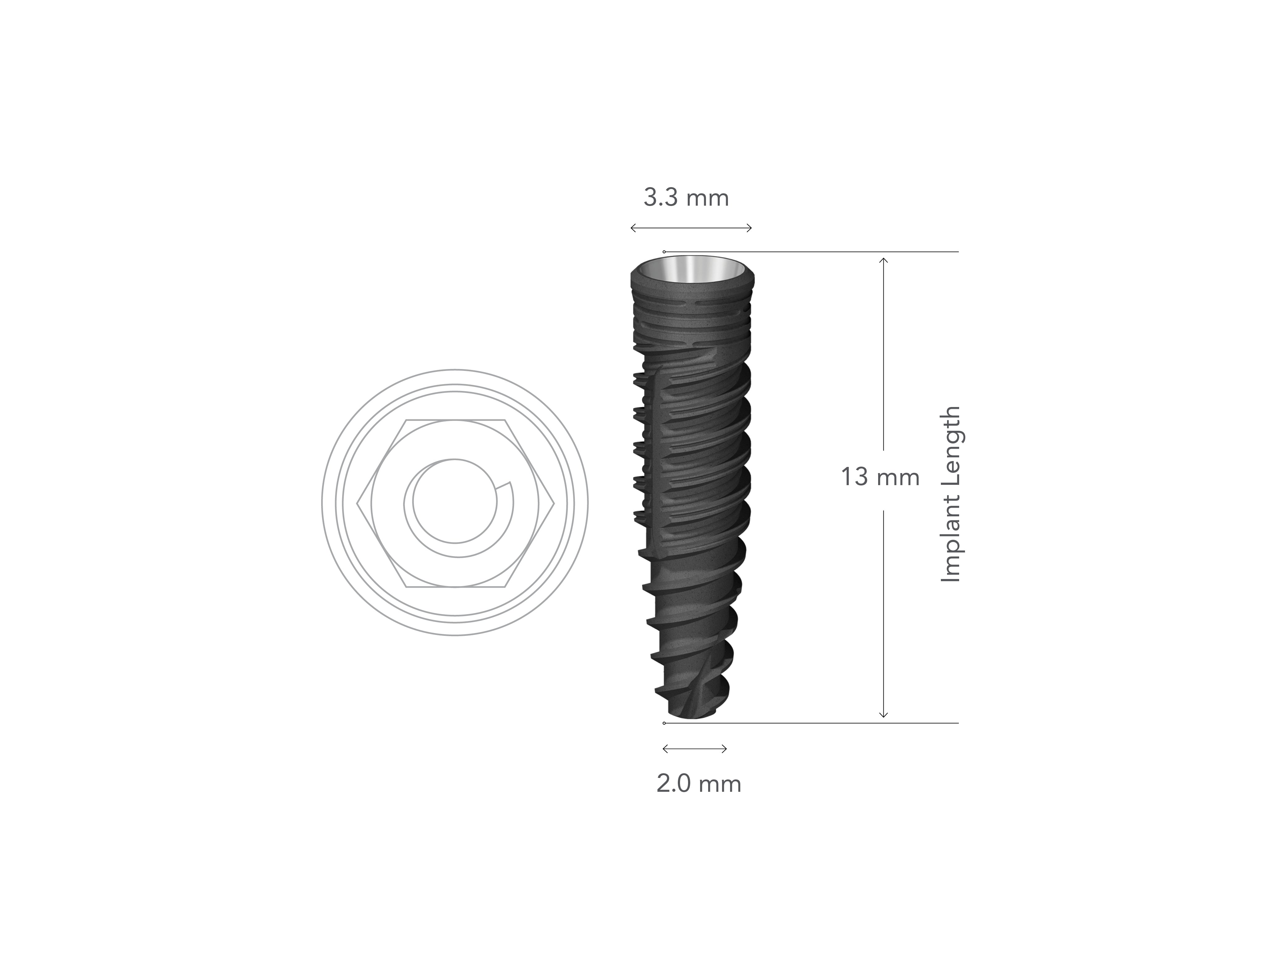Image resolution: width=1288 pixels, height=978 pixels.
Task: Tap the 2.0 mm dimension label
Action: [x=699, y=784]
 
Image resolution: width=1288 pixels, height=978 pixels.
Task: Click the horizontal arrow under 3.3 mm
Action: [x=691, y=228]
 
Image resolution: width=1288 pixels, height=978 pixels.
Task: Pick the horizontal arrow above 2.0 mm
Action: [x=695, y=749]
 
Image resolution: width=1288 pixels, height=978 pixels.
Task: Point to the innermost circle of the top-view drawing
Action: [x=455, y=502]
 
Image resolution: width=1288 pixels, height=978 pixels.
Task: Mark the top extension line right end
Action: [x=957, y=252]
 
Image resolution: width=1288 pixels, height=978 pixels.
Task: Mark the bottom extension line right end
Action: [x=957, y=723]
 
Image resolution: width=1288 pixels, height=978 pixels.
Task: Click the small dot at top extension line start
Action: [x=664, y=252]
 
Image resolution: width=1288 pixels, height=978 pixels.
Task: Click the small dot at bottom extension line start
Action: [x=664, y=723]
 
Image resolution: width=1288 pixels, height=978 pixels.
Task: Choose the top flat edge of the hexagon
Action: [x=455, y=419]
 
